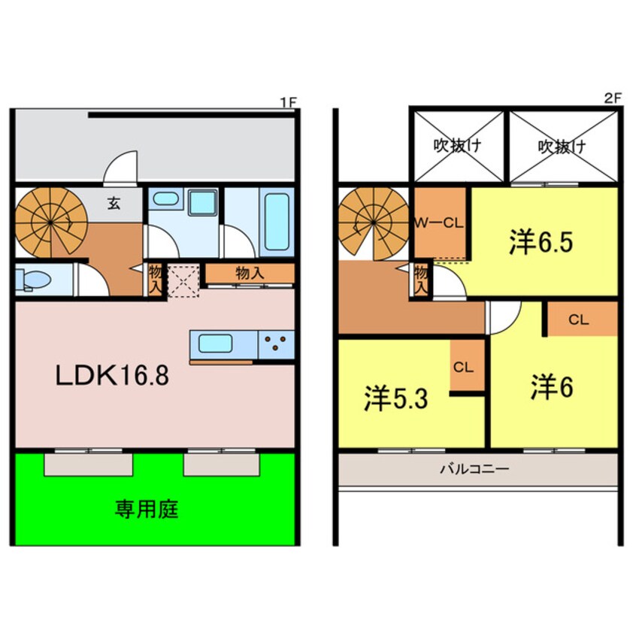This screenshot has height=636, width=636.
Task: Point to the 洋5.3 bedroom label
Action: coord(396,398)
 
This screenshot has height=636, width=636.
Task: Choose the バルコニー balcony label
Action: coord(474,469)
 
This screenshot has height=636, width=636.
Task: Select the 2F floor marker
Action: coord(613,98)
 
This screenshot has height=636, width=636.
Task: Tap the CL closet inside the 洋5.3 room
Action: coord(463,368)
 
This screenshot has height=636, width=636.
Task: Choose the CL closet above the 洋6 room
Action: coord(577,320)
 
